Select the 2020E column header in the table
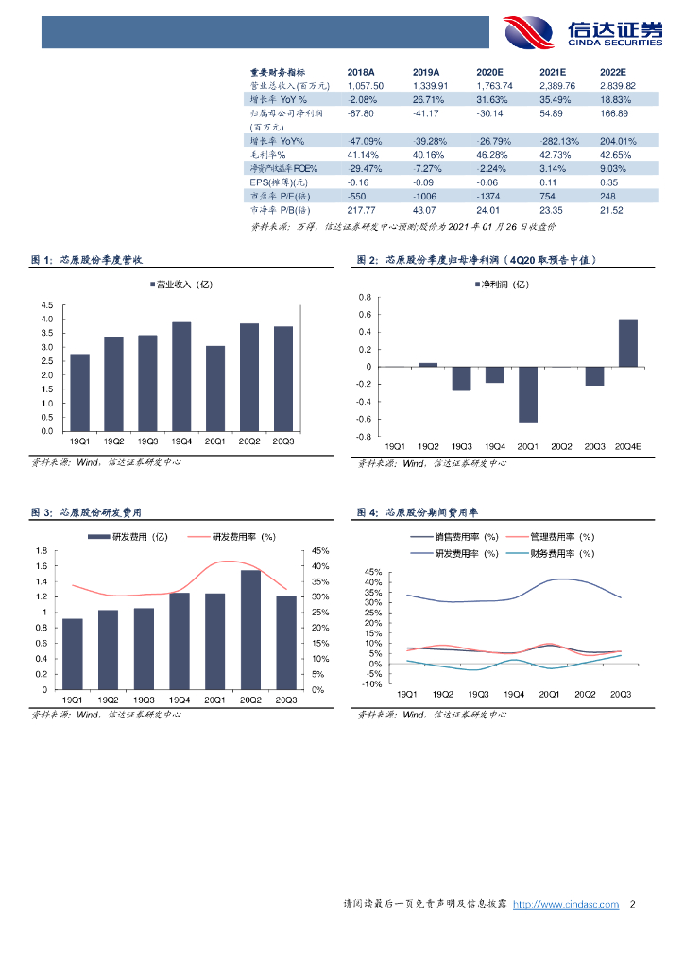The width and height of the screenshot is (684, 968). click(x=489, y=72)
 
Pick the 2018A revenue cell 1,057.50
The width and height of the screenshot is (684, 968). click(x=366, y=85)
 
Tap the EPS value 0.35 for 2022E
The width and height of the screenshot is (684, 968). click(x=608, y=181)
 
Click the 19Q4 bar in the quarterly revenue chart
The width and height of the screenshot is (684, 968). click(x=181, y=376)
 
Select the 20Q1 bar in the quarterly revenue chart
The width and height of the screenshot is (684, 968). click(x=215, y=388)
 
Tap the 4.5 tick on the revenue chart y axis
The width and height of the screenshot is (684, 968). click(x=47, y=305)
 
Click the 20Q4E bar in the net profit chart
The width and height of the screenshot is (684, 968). click(x=627, y=342)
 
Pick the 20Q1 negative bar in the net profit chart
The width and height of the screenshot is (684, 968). click(x=527, y=393)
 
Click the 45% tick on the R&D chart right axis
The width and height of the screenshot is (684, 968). click(x=319, y=551)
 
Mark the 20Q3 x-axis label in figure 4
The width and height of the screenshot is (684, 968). click(x=621, y=694)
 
